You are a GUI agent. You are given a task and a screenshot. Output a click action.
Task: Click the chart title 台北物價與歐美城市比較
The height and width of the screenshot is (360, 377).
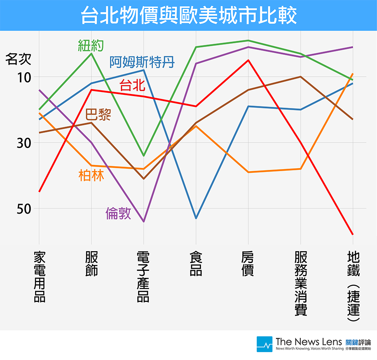188,15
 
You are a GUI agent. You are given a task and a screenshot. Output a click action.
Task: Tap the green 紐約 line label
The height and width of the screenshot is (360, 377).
91,45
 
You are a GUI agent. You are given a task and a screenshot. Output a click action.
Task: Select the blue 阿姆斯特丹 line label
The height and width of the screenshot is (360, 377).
142,62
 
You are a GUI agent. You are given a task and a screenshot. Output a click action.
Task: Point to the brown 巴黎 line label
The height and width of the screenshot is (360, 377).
98,114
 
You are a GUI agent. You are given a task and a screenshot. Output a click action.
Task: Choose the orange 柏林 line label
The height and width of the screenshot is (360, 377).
91,176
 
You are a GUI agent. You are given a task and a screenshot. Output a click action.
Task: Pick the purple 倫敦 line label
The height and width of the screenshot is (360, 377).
118,213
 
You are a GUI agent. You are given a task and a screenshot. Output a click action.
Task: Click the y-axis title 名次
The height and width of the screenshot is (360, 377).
18,59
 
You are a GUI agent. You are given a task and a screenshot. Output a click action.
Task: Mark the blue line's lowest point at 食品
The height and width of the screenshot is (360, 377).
196,218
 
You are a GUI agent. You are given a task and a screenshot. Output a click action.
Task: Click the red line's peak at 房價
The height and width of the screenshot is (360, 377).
248,60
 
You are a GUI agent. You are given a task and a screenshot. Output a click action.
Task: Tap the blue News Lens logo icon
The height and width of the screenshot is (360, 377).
264,344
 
